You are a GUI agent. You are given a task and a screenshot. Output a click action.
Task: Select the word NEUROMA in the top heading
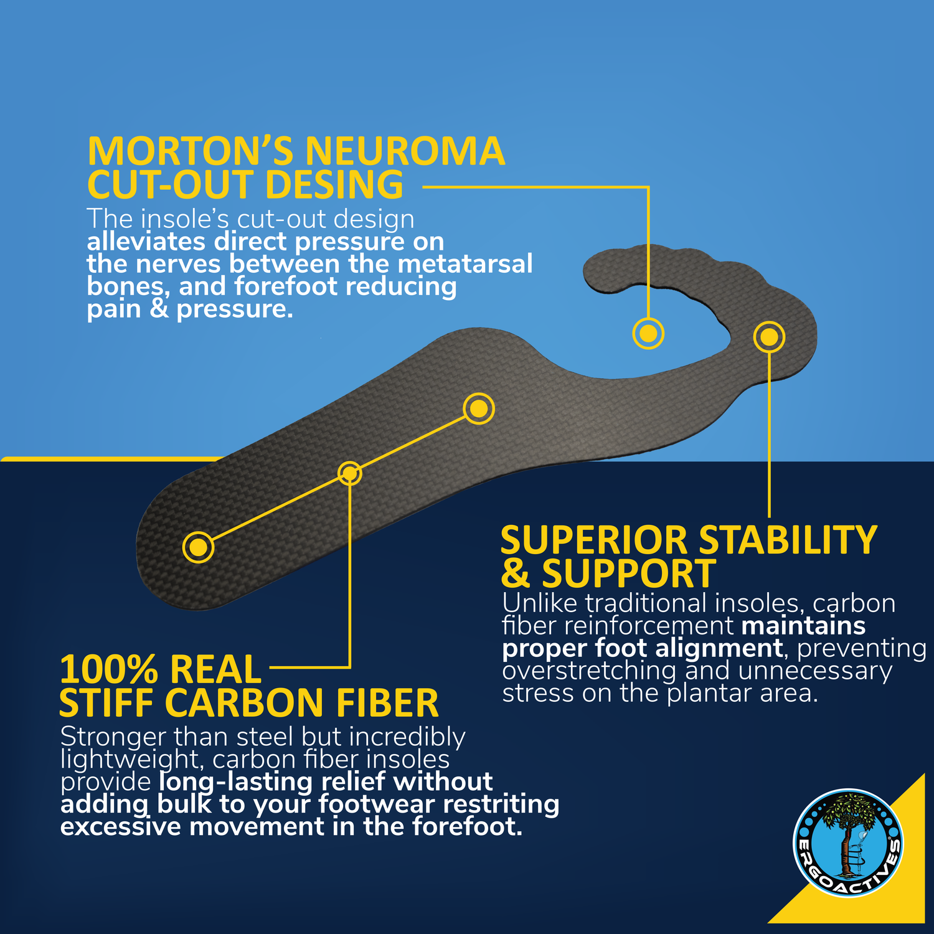point(404,151)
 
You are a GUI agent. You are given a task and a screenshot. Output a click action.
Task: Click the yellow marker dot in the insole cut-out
point(648,333)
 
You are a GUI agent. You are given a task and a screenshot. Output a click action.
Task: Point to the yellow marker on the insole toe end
point(769,337)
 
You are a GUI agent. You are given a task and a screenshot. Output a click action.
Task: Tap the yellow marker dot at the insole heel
point(198,547)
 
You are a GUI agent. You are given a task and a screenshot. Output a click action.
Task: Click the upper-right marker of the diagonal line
point(478,408)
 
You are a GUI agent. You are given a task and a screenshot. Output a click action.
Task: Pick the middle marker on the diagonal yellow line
point(350,473)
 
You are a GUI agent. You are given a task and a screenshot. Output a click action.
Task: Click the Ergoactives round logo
point(848,844)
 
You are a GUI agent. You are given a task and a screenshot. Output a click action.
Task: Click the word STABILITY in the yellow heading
point(788,540)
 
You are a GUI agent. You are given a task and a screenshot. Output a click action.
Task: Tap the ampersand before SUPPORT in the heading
point(515,573)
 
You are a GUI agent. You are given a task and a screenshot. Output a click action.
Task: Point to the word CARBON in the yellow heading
point(250,703)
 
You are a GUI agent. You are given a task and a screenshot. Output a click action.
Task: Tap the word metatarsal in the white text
point(465,263)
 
